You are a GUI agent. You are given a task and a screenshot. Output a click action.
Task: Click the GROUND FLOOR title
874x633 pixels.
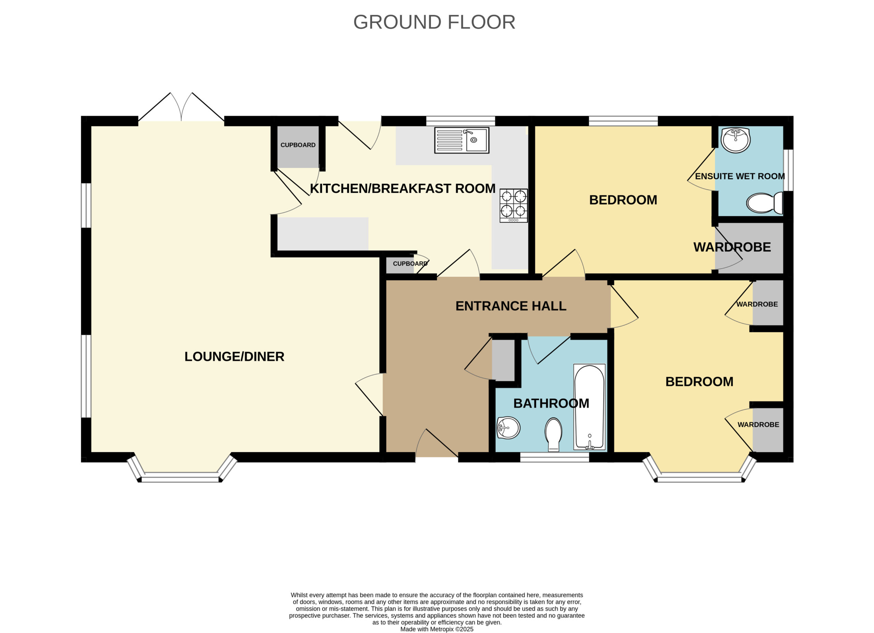tap(434, 22)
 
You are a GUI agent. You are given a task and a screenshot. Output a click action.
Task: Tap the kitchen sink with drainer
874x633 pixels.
tap(462, 140)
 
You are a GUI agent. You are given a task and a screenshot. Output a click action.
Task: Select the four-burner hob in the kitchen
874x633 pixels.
tap(514, 205)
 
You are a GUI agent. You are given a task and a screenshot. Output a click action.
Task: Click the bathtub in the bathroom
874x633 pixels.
tap(589, 407)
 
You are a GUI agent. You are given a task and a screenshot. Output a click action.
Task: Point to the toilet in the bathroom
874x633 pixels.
tap(553, 435)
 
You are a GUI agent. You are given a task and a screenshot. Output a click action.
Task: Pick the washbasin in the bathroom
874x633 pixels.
tap(508, 428)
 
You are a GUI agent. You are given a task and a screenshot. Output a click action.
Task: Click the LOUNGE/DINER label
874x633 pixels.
tap(234, 357)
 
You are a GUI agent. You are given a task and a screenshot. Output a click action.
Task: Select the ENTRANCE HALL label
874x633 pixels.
tap(511, 306)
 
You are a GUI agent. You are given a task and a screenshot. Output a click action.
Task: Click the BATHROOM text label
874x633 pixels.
tap(551, 403)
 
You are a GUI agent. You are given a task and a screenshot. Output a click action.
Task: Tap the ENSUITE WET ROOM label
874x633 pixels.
tap(740, 176)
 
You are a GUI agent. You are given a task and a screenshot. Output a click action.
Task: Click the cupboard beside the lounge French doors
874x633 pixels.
tap(298, 147)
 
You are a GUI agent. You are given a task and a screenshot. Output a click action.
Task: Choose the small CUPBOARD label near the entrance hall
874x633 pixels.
tap(410, 264)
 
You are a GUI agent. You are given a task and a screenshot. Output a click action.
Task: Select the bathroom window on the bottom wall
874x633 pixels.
tap(554, 457)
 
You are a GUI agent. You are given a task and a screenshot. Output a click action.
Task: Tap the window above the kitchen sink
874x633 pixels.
tap(461, 121)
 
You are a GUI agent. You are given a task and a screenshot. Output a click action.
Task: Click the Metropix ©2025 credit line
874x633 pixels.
tap(437, 629)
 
